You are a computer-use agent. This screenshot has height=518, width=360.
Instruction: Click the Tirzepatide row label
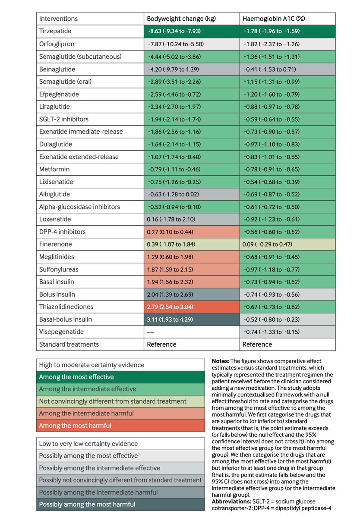click(55, 32)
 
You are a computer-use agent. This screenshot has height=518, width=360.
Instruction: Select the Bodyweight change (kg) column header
click(181, 19)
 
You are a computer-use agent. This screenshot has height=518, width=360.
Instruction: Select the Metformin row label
click(54, 169)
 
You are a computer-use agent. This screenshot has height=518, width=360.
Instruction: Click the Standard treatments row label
click(69, 344)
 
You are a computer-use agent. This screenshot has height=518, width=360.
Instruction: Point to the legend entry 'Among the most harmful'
click(75, 426)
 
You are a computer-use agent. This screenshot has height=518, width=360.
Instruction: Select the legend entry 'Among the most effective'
click(76, 377)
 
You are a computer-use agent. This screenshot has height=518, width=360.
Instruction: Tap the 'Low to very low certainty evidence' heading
click(88, 443)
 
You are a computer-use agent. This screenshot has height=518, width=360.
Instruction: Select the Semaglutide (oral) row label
click(66, 82)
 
